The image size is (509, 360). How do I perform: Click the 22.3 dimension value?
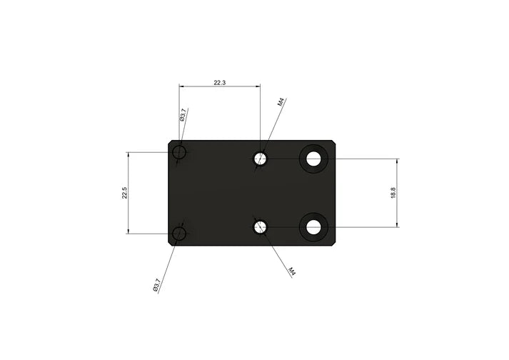pyautogui.click(x=220, y=83)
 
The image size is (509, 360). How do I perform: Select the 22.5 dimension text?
pyautogui.click(x=124, y=193)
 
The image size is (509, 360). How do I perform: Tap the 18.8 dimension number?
pyautogui.click(x=393, y=193)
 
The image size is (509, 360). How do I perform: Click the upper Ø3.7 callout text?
pyautogui.click(x=183, y=115)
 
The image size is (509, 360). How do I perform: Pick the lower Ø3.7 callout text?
pyautogui.click(x=156, y=285)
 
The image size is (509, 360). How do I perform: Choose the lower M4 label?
pyautogui.click(x=292, y=271)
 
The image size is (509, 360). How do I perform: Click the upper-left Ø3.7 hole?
pyautogui.click(x=179, y=153)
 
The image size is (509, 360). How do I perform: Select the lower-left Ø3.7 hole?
pyautogui.click(x=179, y=234)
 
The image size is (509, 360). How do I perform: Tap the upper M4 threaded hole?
pyautogui.click(x=261, y=159)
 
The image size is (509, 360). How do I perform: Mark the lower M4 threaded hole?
pyautogui.click(x=261, y=227)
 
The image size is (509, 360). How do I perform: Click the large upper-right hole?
pyautogui.click(x=313, y=159)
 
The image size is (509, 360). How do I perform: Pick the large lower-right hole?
pyautogui.click(x=313, y=227)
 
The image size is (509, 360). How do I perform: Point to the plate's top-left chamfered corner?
pyautogui.click(x=171, y=143)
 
